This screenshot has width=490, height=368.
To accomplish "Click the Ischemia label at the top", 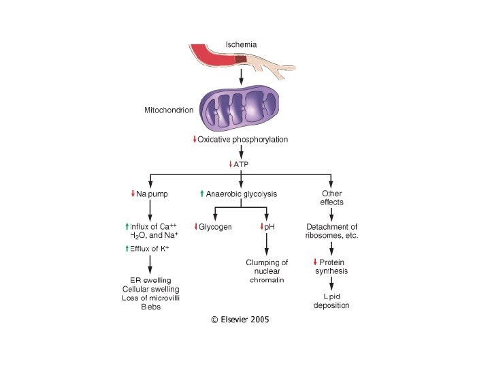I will pos(241,45).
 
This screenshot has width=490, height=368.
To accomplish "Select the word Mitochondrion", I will pos(169,109).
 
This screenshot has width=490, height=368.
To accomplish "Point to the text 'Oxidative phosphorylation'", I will pos(242,140).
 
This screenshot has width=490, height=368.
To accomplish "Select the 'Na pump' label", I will pos(152,194).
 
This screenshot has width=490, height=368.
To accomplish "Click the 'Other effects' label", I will pos(331,198).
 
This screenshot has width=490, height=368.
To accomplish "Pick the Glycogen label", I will pos(215,226).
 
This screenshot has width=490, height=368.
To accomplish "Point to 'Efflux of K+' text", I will pos(147,249).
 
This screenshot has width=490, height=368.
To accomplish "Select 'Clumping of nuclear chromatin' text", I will pos(267,271).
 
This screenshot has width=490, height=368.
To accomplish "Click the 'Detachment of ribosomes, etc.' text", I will pos(332,231).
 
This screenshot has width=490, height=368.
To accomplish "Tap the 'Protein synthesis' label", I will pos(331,266).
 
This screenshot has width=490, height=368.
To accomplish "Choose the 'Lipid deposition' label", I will pos(331,301).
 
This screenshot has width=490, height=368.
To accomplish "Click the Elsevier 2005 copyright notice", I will pos(240,319).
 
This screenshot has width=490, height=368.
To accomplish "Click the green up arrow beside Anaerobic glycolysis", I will pos(202,194).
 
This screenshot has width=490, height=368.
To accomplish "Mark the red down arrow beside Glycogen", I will pos(196,226).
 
